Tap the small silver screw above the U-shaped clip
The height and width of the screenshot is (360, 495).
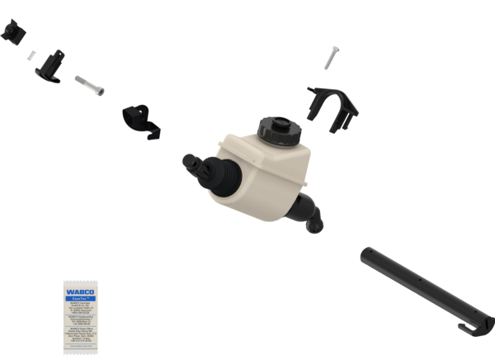coord(331,59)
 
